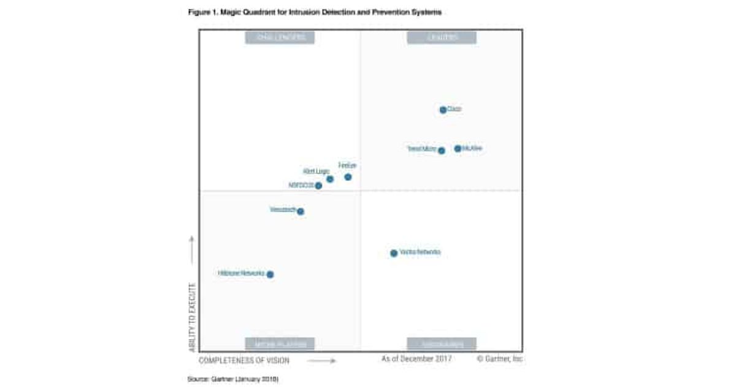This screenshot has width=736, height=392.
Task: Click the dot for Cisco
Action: pyautogui.click(x=443, y=110)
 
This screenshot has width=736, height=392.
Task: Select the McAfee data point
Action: pyautogui.click(x=458, y=148)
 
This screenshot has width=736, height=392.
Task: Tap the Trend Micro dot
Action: pyautogui.click(x=442, y=150)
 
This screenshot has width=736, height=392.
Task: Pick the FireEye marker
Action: pyautogui.click(x=348, y=177)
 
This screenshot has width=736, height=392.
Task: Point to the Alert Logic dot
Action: pyautogui.click(x=330, y=179)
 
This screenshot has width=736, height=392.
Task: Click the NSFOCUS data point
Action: pyautogui.click(x=318, y=186)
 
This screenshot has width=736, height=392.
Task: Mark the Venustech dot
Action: pyautogui.click(x=301, y=211)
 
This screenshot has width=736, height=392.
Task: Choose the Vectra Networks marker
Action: pyautogui.click(x=394, y=253)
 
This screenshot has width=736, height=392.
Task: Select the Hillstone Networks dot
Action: pyautogui.click(x=270, y=274)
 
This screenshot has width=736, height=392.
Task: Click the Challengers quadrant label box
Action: pyautogui.click(x=280, y=37)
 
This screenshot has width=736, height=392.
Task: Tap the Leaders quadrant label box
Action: pyautogui.click(x=442, y=37)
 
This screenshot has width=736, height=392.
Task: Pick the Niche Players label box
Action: pyautogui.click(x=280, y=344)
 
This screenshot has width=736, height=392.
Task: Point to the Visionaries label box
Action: pyautogui.click(x=442, y=344)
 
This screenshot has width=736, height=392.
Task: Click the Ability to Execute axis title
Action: pyautogui.click(x=192, y=317)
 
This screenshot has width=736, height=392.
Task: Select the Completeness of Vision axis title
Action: pyautogui.click(x=244, y=360)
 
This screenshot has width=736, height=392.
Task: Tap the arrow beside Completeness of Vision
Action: pyautogui.click(x=321, y=361)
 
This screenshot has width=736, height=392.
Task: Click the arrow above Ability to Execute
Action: pyautogui.click(x=192, y=250)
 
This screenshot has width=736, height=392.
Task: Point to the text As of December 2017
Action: pyautogui.click(x=416, y=359)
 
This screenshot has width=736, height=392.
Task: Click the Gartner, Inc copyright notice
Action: pyautogui.click(x=499, y=359)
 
